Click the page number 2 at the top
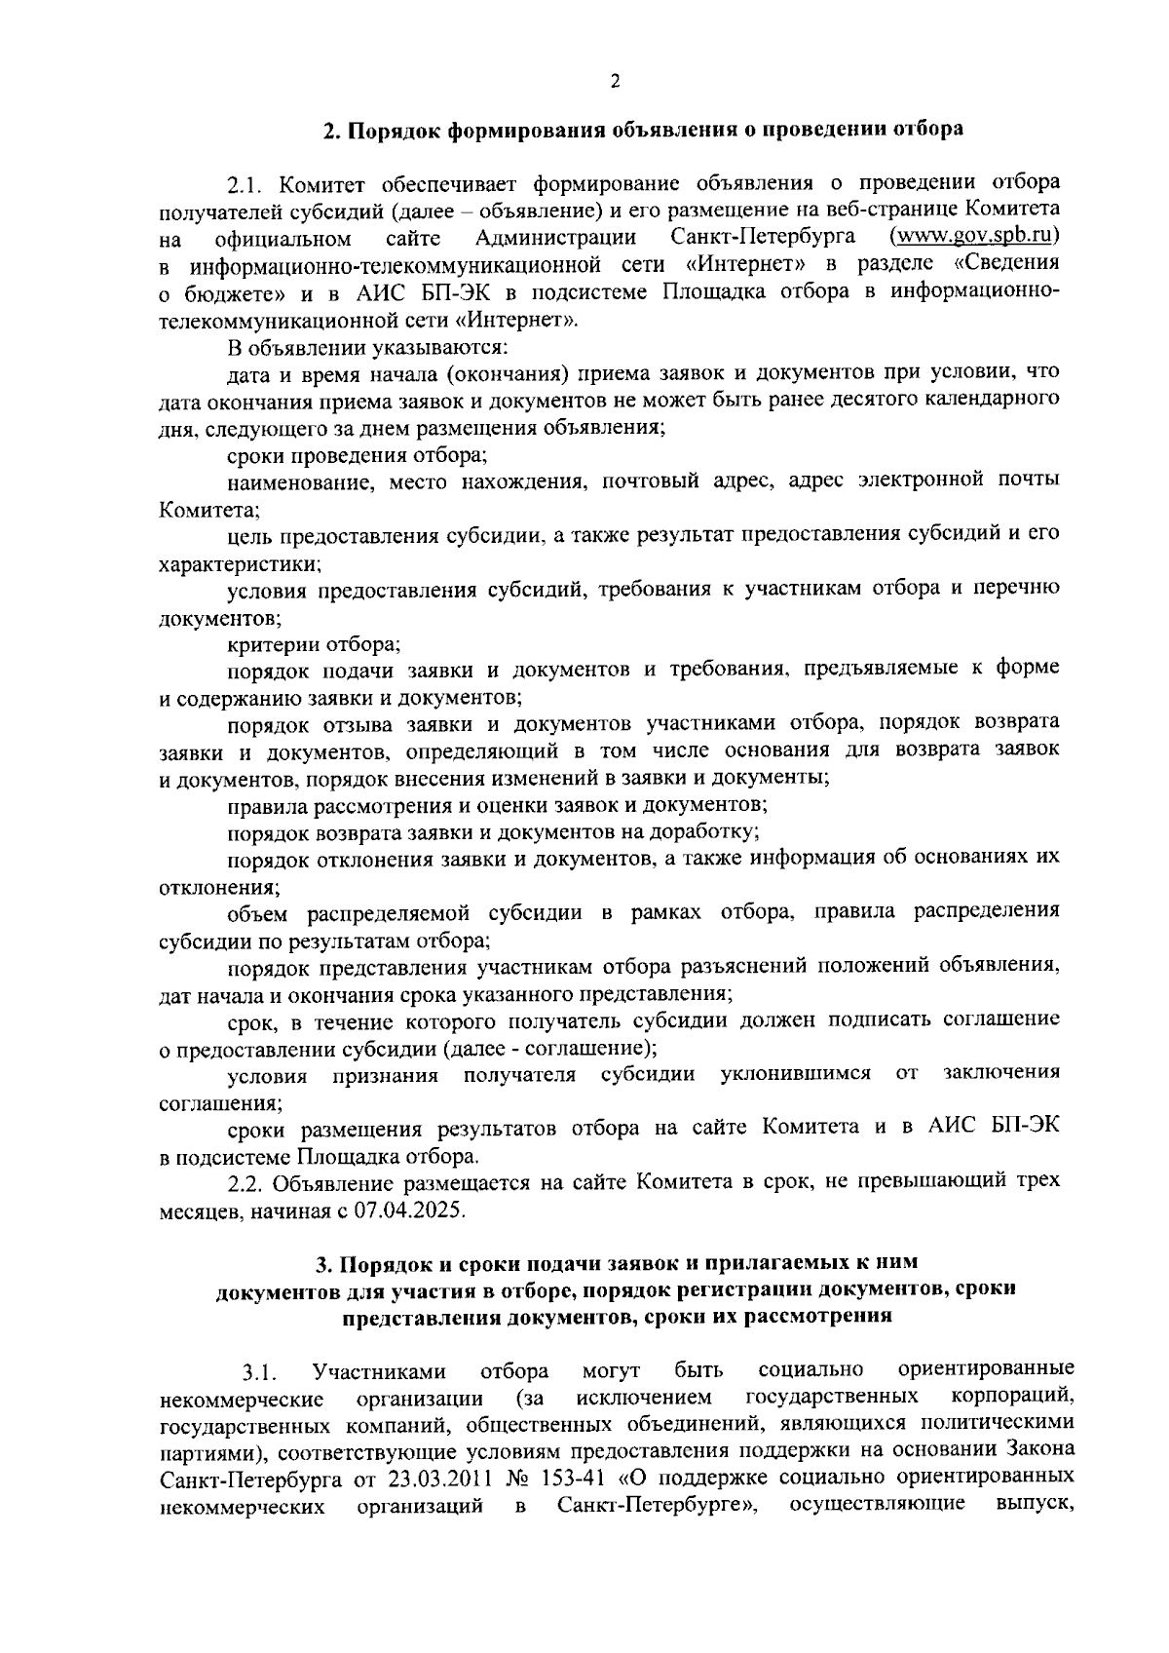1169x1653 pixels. (615, 82)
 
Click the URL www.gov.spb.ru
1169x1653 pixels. (975, 237)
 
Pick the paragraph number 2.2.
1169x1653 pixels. (248, 1183)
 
